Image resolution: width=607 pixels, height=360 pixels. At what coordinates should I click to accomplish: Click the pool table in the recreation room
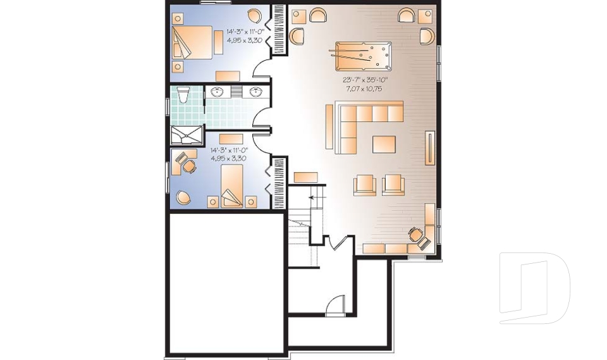(364, 57)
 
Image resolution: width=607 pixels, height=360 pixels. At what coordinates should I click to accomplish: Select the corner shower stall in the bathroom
(187, 135)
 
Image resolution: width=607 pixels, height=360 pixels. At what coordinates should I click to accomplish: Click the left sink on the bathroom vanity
(217, 92)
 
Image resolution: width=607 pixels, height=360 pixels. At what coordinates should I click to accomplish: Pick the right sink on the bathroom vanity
(256, 92)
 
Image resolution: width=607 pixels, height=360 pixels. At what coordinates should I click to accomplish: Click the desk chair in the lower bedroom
(188, 166)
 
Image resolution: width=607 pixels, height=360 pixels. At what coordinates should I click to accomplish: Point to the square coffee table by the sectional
(384, 144)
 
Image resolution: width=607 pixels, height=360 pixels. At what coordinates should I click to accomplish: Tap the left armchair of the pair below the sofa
(364, 184)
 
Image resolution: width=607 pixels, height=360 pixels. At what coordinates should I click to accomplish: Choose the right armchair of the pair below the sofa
(393, 184)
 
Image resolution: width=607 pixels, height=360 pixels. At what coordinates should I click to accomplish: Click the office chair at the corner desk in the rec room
(415, 234)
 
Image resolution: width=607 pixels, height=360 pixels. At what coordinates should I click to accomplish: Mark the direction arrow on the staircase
(312, 199)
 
